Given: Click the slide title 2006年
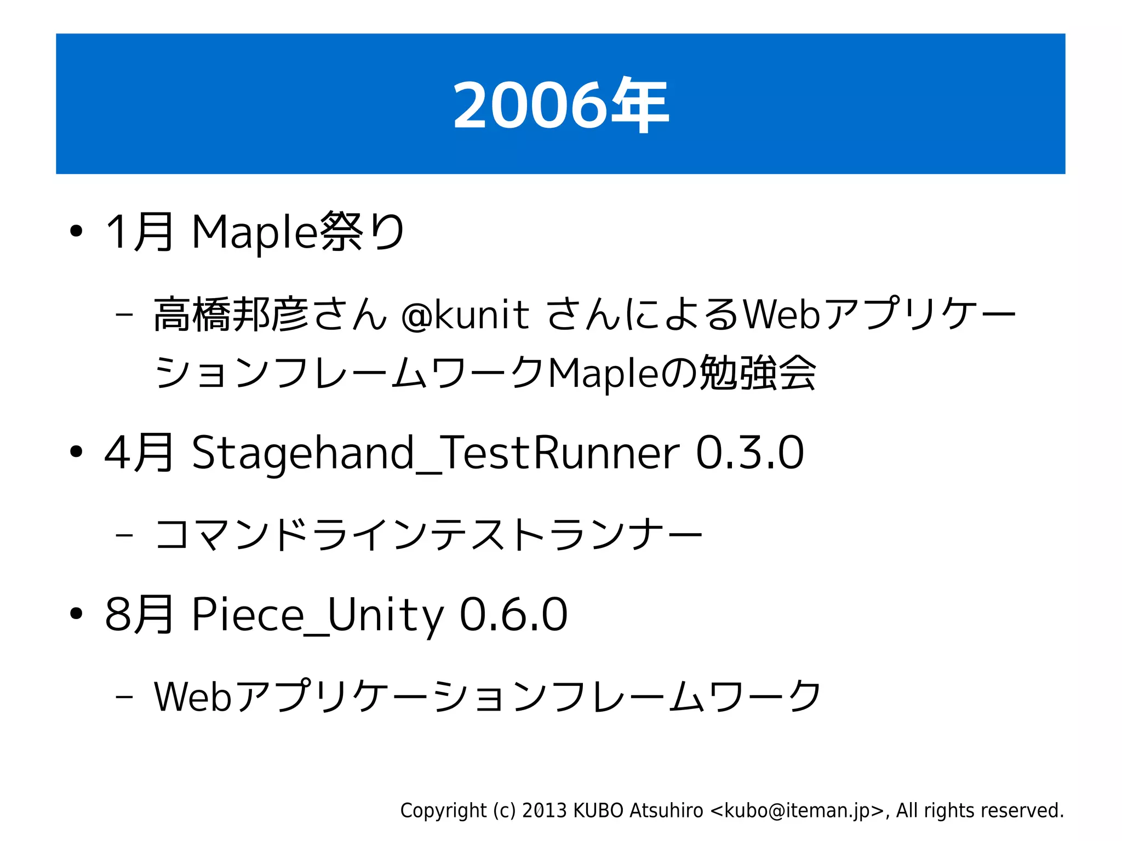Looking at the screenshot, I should click(x=560, y=105).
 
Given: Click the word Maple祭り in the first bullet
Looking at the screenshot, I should click(x=298, y=232).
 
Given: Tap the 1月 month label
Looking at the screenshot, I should click(x=140, y=232).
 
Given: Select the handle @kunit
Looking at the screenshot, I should click(x=465, y=315).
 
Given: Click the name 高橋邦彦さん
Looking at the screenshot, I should click(x=270, y=315).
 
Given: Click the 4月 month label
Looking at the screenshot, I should click(x=140, y=453).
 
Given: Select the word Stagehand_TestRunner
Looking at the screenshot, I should click(x=436, y=453).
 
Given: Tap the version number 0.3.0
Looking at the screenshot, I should click(x=749, y=453).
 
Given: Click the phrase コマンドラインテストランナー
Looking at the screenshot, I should click(x=428, y=535).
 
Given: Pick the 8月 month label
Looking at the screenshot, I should click(x=140, y=614).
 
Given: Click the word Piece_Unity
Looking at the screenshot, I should click(x=318, y=614).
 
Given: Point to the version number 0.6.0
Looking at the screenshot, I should click(x=513, y=614).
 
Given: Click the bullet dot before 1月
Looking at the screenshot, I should click(x=76, y=232).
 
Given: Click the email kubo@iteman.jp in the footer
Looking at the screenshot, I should click(x=797, y=810).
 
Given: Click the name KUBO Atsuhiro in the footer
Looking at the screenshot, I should click(x=638, y=810).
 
